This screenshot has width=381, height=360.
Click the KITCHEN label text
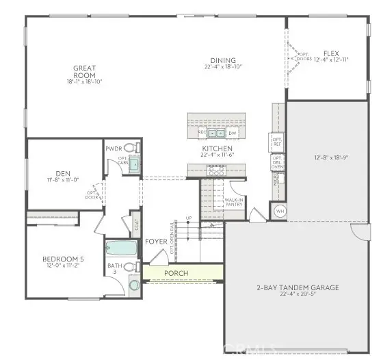[217, 149]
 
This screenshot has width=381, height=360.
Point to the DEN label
[63, 173]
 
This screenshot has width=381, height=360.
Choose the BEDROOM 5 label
[62, 259]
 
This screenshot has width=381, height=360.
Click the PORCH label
[176, 273]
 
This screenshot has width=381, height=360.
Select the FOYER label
[155, 242]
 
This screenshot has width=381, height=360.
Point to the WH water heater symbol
[279, 211]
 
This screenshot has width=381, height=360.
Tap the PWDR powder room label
[113, 149]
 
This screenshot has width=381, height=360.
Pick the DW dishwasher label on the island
[233, 133]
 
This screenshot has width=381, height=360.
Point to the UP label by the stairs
[189, 219]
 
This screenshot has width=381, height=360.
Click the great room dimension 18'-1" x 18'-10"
[85, 81]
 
